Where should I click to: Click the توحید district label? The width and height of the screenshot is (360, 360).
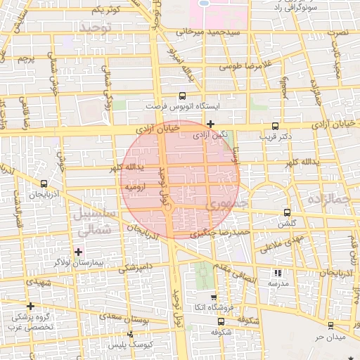[96, 27]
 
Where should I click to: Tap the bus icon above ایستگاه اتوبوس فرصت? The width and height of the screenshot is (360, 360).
[183, 96]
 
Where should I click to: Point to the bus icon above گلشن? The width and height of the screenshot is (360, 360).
[287, 212]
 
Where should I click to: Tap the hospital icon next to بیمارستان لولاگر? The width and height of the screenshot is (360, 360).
[78, 252]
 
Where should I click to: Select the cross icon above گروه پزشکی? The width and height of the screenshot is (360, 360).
[30, 306]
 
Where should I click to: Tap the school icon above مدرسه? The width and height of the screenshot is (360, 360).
[278, 273]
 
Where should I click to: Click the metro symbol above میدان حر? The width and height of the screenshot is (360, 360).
[330, 325]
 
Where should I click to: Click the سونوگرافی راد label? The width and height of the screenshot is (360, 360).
[312, 8]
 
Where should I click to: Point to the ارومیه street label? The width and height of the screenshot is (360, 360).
[135, 188]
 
